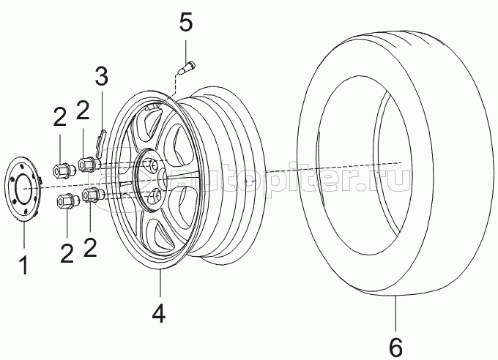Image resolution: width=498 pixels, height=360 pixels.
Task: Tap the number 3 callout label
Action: (102, 75)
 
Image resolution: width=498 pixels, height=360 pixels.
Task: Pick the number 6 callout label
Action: (395, 348)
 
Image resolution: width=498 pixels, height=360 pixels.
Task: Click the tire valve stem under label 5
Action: (187, 69)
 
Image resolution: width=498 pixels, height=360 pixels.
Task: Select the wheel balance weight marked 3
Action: (100, 143)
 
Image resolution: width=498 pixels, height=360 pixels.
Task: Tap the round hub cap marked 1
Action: (23, 190)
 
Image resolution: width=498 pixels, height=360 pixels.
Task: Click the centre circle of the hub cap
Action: (24, 190)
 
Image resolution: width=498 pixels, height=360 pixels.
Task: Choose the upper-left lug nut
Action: (63, 171)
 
